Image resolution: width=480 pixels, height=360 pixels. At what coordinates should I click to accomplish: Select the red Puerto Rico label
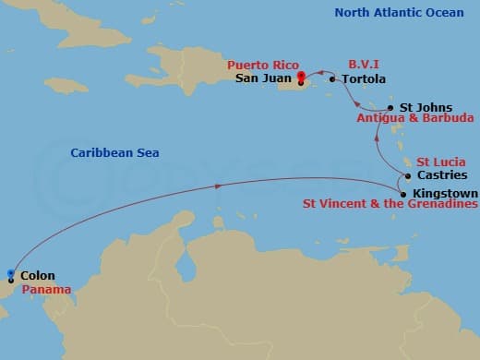tap(258, 66)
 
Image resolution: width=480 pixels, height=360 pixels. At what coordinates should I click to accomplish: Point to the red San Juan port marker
tap(302, 78)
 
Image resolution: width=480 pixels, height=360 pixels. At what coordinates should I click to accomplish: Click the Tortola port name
tap(364, 79)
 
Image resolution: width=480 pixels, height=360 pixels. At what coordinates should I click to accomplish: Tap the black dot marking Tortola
tap(332, 79)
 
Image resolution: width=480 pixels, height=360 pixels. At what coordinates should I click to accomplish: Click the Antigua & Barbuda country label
tap(415, 119)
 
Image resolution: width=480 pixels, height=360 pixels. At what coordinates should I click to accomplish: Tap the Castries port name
tap(442, 174)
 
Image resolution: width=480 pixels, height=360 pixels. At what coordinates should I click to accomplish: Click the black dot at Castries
tap(407, 175)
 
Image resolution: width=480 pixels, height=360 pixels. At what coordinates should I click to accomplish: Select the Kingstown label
tap(446, 193)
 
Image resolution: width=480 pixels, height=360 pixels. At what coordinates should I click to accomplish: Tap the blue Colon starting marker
tap(10, 274)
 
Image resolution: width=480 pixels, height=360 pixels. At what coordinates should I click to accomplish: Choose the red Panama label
tap(38, 288)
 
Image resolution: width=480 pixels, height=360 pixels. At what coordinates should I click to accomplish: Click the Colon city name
tap(37, 275)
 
